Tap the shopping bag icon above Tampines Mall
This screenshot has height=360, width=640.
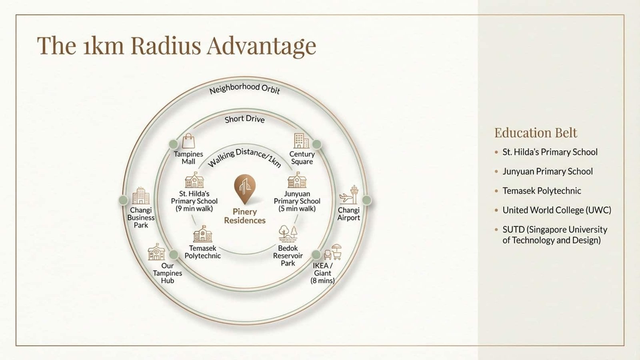click(x=188, y=141)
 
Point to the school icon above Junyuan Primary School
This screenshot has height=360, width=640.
click(x=297, y=180)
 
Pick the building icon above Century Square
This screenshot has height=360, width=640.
click(x=302, y=141)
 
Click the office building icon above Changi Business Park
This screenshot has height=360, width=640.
click(x=141, y=196)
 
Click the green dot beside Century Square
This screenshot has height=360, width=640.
click(x=316, y=144)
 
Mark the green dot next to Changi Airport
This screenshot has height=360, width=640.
click(x=366, y=200)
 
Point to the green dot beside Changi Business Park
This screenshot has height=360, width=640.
click(x=123, y=200)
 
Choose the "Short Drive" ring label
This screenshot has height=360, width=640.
click(x=244, y=119)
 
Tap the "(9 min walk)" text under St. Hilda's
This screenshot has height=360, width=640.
click(x=194, y=208)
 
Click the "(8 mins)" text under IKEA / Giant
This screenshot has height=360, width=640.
click(x=322, y=280)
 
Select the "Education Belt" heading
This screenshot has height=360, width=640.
click(x=536, y=133)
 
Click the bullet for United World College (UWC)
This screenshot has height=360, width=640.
click(x=496, y=210)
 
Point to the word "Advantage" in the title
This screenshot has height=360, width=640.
click(x=262, y=46)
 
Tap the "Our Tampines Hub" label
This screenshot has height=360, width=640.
click(x=168, y=273)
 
